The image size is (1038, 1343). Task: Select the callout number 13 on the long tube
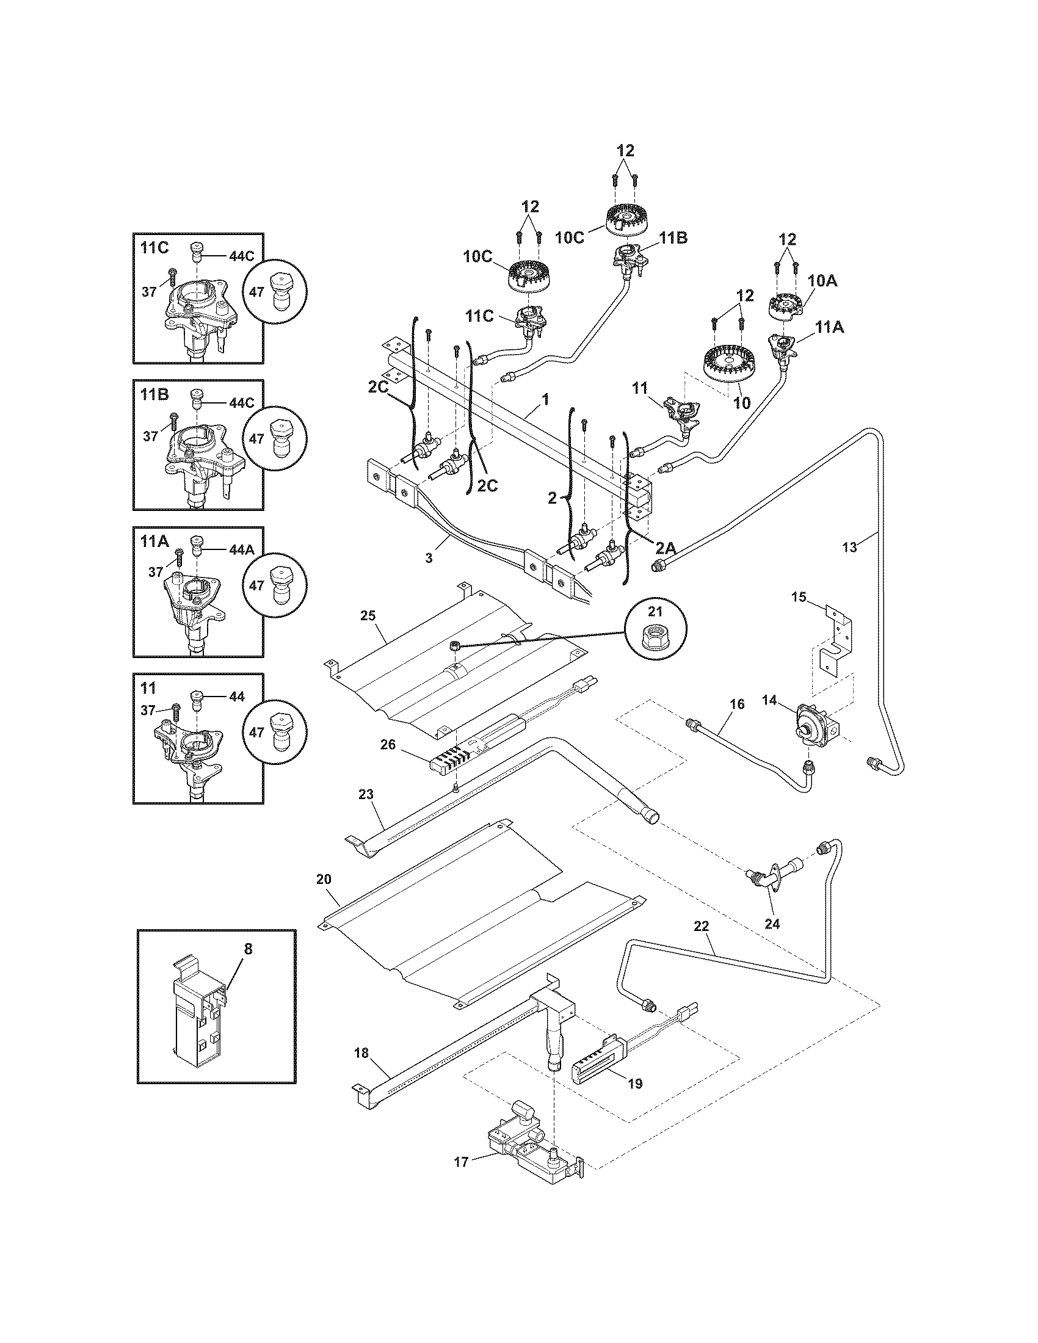pyautogui.click(x=849, y=548)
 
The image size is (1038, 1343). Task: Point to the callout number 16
pyautogui.click(x=738, y=703)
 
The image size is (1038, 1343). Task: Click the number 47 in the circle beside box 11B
pyautogui.click(x=257, y=438)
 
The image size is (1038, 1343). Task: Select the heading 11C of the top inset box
pyautogui.click(x=154, y=248)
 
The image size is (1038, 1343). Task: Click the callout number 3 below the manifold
pyautogui.click(x=429, y=558)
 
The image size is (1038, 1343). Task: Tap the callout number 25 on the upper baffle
pyautogui.click(x=368, y=615)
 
